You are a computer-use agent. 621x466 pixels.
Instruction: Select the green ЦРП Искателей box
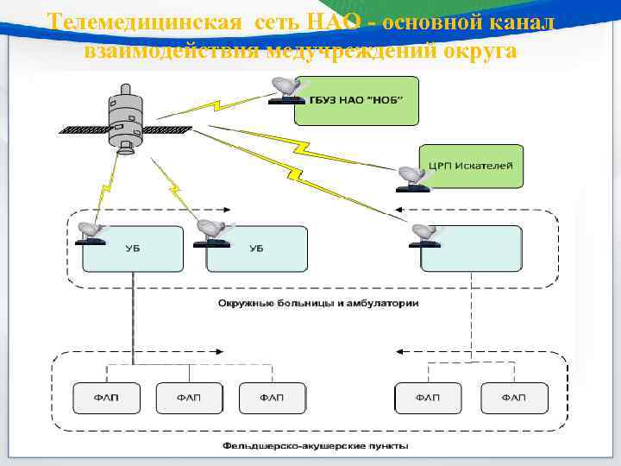471,166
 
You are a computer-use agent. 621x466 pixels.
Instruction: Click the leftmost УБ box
133,249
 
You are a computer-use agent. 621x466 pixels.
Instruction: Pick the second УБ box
257,249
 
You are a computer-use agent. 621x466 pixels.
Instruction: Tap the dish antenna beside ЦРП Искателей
412,178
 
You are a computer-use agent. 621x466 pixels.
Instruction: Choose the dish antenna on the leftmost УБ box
91,232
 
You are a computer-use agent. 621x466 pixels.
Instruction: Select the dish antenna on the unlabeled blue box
425,233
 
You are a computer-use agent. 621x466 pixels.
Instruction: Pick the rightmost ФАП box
514,398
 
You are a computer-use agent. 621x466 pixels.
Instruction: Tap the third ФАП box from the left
273,398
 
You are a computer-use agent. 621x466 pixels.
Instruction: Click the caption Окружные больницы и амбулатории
318,304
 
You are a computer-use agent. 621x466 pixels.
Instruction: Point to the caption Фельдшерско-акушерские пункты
316,446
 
